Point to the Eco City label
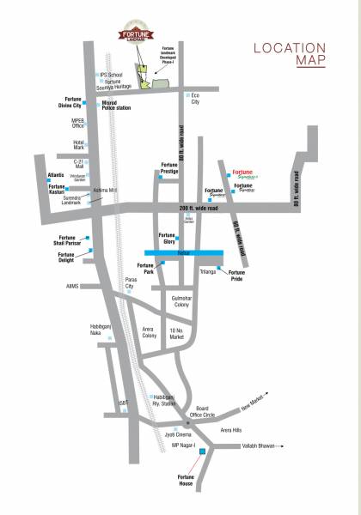(194, 99)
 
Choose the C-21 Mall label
(78, 163)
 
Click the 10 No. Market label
(178, 334)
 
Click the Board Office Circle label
(203, 411)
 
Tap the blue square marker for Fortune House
(203, 452)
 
